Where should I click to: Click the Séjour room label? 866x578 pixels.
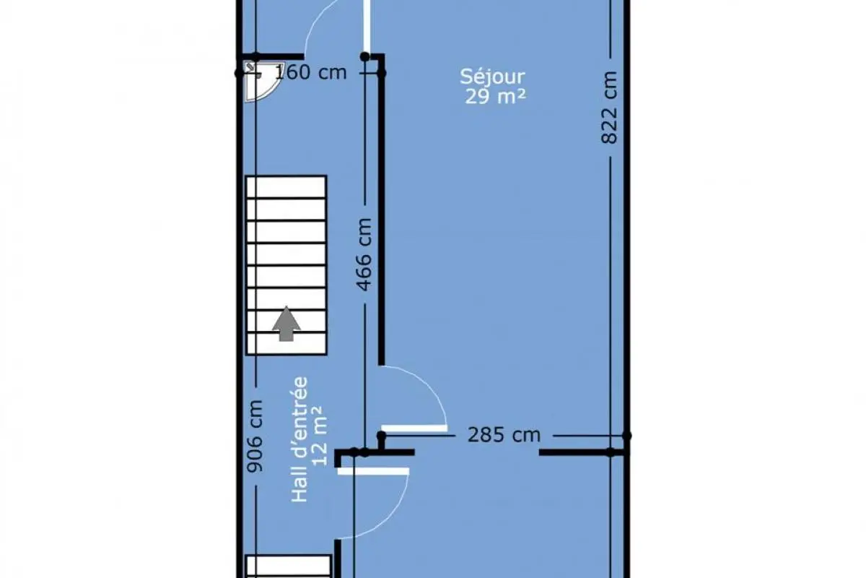click(492, 77)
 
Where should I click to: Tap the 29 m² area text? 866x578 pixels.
click(495, 96)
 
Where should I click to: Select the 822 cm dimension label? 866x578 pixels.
click(609, 108)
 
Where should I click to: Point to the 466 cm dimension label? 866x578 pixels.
click(364, 254)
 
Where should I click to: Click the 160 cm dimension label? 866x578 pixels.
click(310, 72)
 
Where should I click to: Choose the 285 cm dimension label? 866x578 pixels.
click(504, 435)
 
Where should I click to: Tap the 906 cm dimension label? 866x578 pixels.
click(255, 436)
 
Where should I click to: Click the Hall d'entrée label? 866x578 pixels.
click(299, 439)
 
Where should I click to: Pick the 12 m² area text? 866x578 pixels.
click(320, 436)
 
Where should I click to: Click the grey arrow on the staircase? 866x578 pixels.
click(286, 324)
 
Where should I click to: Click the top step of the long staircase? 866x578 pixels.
click(286, 187)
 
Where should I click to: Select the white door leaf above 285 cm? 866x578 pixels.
click(414, 428)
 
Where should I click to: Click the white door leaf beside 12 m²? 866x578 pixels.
click(373, 471)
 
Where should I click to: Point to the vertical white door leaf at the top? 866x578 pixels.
click(367, 26)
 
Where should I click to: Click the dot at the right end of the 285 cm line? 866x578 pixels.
click(626, 436)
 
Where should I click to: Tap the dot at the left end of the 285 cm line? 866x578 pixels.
click(381, 436)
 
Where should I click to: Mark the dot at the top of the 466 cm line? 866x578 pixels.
click(364, 57)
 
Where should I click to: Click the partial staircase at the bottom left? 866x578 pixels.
click(289, 566)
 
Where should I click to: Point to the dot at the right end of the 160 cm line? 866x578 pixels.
click(381, 73)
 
